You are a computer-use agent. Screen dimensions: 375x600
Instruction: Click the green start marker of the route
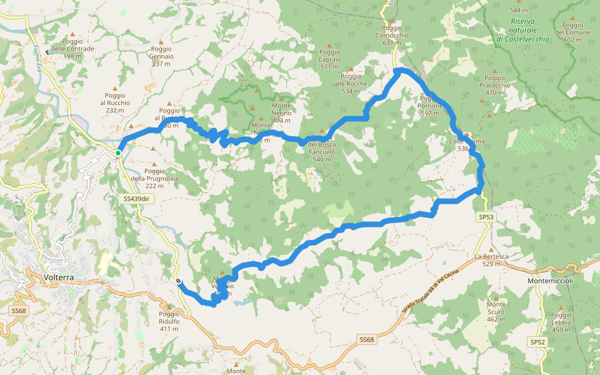(x=118, y=152)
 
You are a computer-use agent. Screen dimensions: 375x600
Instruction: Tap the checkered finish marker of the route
(x=179, y=281)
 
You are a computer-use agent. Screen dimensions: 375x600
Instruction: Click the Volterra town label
(x=59, y=277)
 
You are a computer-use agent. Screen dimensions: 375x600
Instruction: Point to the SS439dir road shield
(x=136, y=199)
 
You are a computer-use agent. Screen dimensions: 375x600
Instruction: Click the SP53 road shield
(x=486, y=217)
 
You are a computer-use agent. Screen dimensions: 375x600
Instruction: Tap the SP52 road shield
(x=537, y=342)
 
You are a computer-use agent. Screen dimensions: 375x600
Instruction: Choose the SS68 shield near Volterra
(x=19, y=311)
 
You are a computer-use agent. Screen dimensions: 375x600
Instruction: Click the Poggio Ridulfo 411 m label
(x=169, y=321)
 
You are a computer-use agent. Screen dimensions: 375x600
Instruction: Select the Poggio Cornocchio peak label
(x=391, y=36)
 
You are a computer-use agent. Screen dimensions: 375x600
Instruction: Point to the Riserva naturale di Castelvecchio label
(x=522, y=30)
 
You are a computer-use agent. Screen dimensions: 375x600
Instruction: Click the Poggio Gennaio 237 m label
(x=161, y=56)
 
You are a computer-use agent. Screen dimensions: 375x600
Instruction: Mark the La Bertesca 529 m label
(x=491, y=260)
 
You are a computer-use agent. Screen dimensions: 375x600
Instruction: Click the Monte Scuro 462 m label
(x=496, y=311)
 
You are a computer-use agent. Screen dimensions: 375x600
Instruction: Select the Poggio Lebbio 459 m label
(x=561, y=322)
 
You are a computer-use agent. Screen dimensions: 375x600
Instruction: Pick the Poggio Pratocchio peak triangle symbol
(x=496, y=71)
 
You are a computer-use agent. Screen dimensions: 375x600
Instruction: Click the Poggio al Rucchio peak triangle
(x=114, y=88)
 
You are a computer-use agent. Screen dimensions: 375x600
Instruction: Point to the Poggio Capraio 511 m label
(x=329, y=59)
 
